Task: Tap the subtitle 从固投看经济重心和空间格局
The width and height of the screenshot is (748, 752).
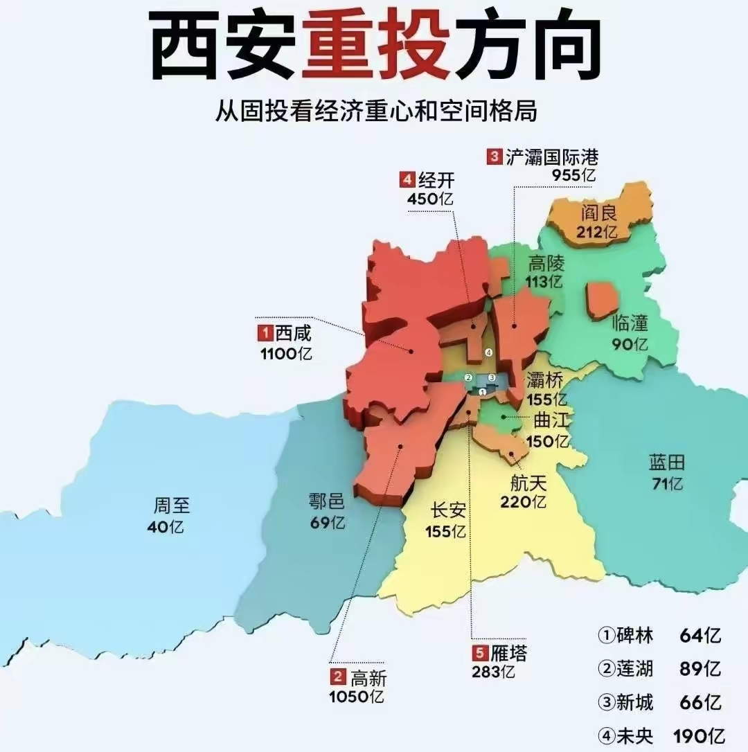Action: [x=375, y=111]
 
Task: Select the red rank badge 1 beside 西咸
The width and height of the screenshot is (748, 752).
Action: [x=265, y=333]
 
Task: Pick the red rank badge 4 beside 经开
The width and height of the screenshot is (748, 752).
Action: [x=407, y=181]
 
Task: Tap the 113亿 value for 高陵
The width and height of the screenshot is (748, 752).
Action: [x=545, y=282]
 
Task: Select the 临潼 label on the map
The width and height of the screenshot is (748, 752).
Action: [x=630, y=323]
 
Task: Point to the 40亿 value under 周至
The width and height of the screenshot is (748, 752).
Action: [x=166, y=526]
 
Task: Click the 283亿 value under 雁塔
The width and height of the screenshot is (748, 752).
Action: [x=493, y=671]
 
